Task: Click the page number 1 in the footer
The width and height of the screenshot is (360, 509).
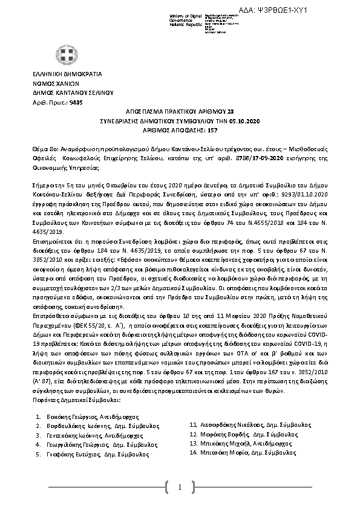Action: [x=180, y=487]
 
